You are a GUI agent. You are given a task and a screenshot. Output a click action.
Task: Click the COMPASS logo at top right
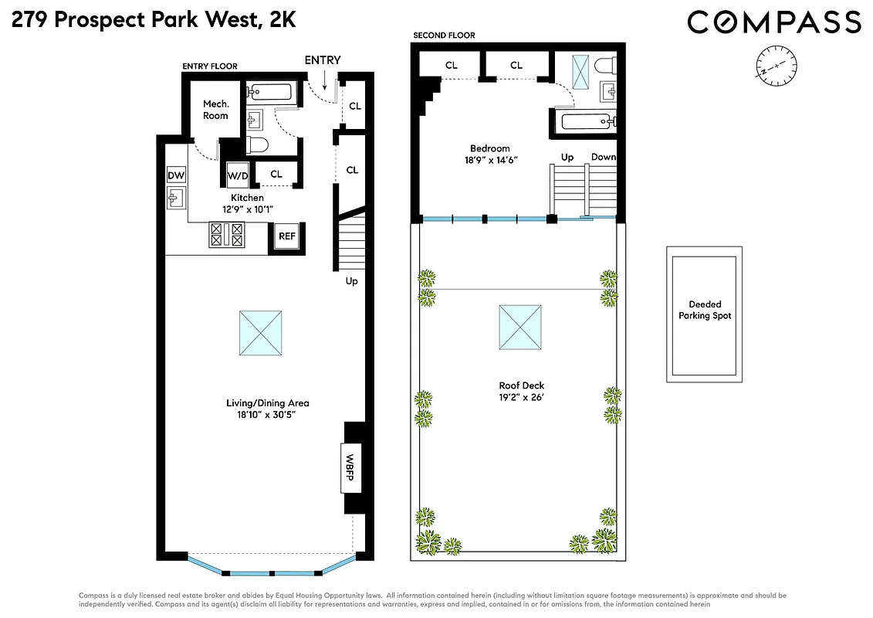point(773,22)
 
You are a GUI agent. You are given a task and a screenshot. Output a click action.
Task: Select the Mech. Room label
point(215,110)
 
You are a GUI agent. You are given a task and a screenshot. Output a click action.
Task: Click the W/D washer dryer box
point(238,175)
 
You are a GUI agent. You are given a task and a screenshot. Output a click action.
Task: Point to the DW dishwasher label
point(176,175)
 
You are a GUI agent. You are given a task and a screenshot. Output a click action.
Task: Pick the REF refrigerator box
point(287,237)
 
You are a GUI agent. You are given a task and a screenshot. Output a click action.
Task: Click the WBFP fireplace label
point(349,468)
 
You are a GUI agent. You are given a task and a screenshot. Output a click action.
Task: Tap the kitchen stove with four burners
point(227,235)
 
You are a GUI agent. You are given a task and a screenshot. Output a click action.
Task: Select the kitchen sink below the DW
point(175,199)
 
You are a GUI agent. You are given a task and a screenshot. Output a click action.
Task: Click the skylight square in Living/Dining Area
point(260,331)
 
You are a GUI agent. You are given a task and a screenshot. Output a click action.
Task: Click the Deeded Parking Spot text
point(705,310)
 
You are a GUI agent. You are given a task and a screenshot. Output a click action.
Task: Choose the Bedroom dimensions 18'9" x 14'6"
point(490,161)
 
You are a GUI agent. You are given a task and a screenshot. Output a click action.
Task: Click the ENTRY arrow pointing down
point(325,79)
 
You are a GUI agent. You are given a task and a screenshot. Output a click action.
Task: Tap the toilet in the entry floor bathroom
point(255,145)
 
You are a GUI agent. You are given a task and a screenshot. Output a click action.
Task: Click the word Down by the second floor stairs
point(603,157)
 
